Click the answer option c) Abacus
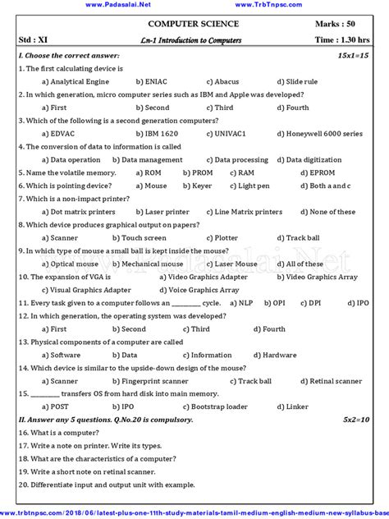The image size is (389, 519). pos(223,82)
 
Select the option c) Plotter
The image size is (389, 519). pos(223,238)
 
